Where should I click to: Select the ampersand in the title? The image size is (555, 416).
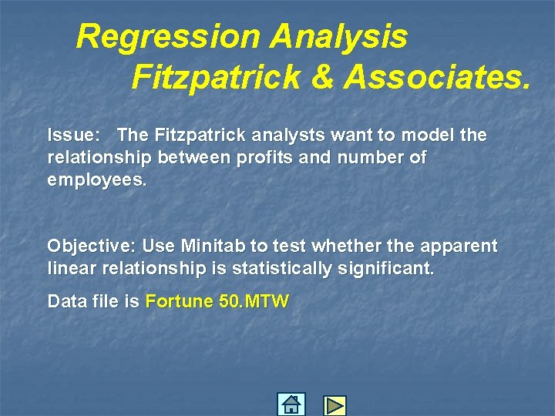pos(324,77)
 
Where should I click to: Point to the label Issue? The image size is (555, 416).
pos(73,136)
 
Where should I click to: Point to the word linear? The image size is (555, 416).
pos(70,269)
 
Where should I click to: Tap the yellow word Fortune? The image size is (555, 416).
pos(179,301)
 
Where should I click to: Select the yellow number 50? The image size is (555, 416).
pos(230,301)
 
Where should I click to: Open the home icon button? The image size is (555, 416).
pos(291,404)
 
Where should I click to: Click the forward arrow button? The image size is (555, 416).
pos(335,405)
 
